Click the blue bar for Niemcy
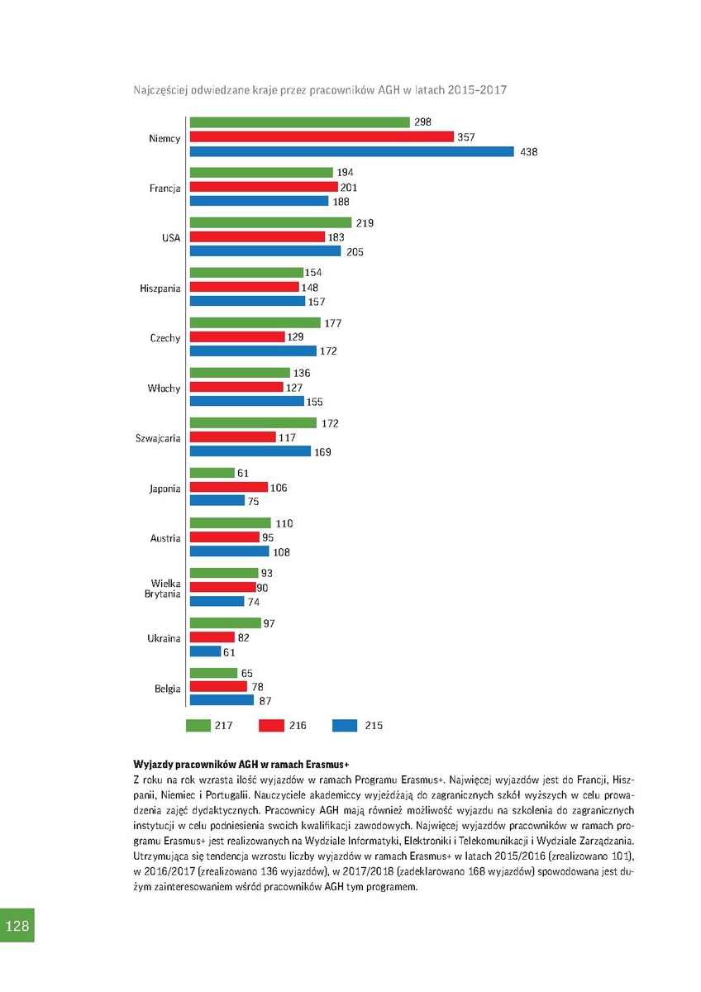352,151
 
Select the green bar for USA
271,222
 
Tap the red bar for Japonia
229,488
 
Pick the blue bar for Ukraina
205,651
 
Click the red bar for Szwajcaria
233,437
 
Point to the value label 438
529,152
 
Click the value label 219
365,223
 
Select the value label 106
279,489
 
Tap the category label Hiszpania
160,289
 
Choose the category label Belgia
167,689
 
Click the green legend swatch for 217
198,726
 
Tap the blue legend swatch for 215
344,726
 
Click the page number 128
17,926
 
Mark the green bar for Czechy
255,323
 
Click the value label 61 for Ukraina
229,652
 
